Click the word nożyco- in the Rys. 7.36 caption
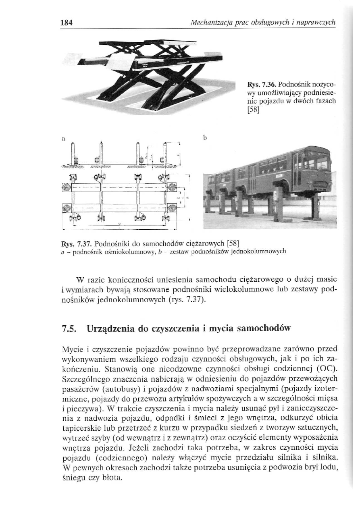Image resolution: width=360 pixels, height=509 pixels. [x=320, y=85]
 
